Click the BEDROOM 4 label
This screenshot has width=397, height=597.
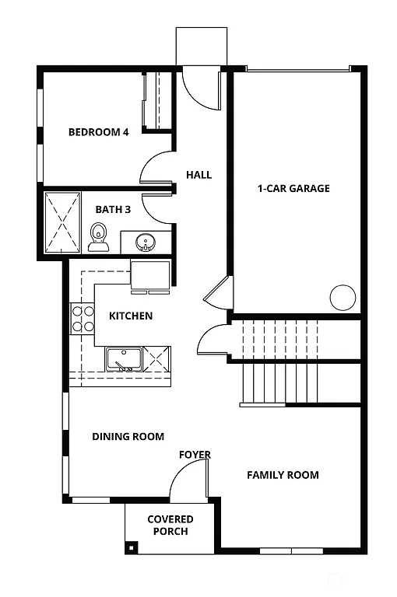pos(98,131)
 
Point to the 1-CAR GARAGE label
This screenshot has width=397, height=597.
pos(293,188)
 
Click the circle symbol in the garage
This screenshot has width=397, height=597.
pos(343,297)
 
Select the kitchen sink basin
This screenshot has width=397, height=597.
pos(123,359)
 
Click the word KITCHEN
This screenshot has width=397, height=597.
pos(130,316)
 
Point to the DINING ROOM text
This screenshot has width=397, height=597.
pos(128,437)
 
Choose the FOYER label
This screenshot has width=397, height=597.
pos(195,455)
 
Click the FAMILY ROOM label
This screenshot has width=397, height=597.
pos(283,475)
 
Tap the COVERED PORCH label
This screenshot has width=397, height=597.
pos(170,525)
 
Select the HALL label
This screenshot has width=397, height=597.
pos(198,175)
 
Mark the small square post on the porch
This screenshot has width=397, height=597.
pos(132,549)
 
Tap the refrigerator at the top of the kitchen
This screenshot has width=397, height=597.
pos(150,276)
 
